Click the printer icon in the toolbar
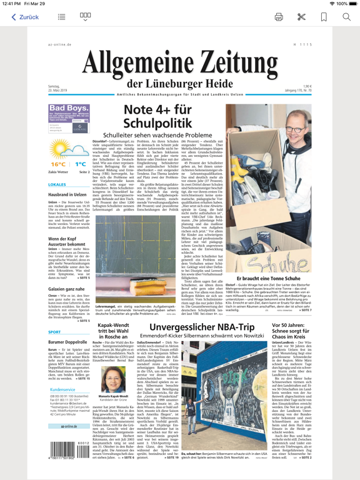point(279,17)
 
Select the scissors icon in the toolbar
point(301,17)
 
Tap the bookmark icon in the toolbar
point(324,17)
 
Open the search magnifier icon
point(346,17)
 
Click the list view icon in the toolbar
point(61,17)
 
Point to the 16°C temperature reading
point(58,164)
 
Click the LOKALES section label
point(57,185)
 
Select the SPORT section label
point(55,332)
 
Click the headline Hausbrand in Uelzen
point(67,195)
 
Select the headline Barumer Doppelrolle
point(68,342)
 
